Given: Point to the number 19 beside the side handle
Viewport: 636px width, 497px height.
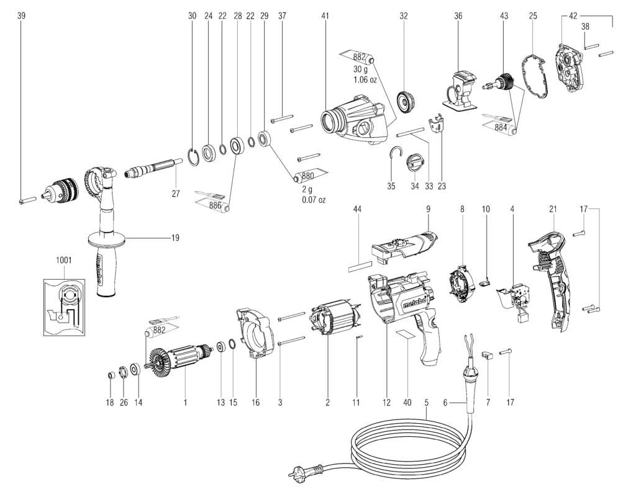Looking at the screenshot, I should (175, 236).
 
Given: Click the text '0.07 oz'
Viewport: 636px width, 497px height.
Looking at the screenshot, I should (313, 200).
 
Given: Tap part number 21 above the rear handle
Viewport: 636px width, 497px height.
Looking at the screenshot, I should (552, 210).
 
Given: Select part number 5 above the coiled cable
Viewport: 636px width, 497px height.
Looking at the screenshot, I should (427, 403).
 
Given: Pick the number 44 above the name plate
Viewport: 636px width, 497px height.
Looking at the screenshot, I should (357, 210).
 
